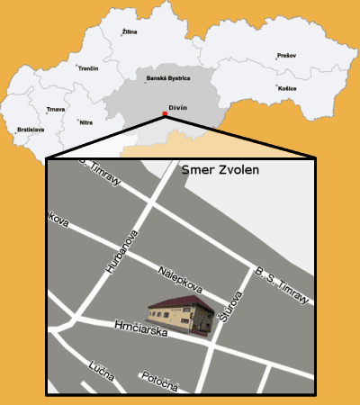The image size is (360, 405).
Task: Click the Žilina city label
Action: pyautogui.click(x=130, y=32)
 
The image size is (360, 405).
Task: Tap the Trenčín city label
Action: pyautogui.click(x=88, y=68)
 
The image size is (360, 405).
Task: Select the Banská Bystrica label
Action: pyautogui.click(x=168, y=78)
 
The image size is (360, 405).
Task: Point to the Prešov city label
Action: pyautogui.click(x=286, y=55)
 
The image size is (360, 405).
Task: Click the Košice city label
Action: pyautogui.click(x=287, y=89)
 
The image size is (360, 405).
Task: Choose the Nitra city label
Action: pyautogui.click(x=86, y=121)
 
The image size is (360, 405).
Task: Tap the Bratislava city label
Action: pyautogui.click(x=31, y=130)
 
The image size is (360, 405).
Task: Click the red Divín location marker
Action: pyautogui.click(x=164, y=113)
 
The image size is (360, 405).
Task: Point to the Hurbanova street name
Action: pyautogui.click(x=120, y=254)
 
